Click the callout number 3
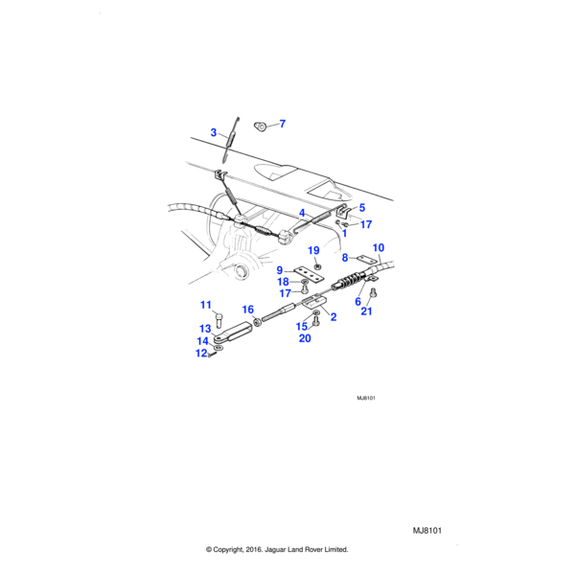click(x=214, y=131)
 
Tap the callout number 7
click(x=282, y=124)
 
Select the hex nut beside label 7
click(x=261, y=126)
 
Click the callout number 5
click(x=362, y=207)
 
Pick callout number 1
click(x=343, y=233)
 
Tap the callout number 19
click(x=313, y=251)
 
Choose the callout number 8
click(x=345, y=258)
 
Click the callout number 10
click(x=378, y=248)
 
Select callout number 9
click(x=280, y=270)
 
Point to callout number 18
click(x=283, y=282)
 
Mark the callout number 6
click(x=358, y=301)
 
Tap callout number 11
click(x=204, y=305)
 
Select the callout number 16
click(x=247, y=310)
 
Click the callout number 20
click(x=305, y=338)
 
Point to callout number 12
click(x=201, y=354)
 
